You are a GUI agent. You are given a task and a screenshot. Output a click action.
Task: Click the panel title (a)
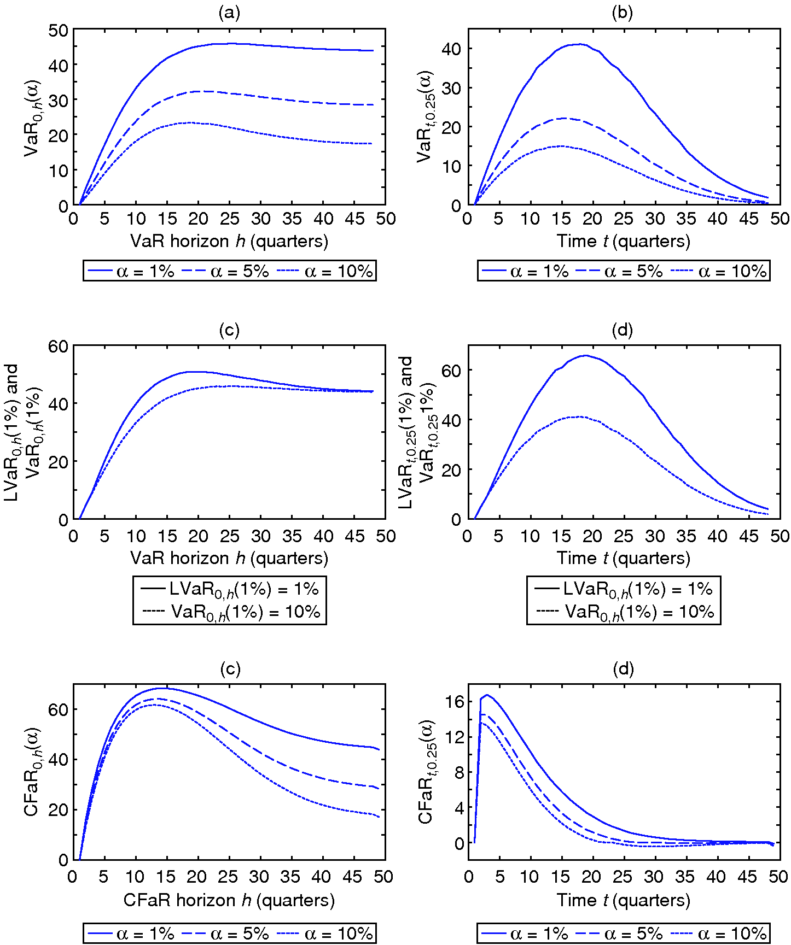(229, 13)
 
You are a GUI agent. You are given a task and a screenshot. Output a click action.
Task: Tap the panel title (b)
(623, 13)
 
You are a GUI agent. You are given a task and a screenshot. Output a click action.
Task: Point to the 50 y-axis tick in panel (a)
(58, 31)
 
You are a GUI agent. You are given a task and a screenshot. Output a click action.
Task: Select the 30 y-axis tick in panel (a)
(58, 100)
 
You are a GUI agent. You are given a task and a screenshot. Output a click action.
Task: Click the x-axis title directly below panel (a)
(229, 241)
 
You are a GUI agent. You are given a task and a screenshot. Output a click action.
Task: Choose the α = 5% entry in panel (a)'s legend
(229, 271)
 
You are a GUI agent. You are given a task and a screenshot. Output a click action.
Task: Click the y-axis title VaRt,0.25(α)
(425, 116)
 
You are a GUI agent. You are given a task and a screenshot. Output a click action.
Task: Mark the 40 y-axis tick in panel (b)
(452, 49)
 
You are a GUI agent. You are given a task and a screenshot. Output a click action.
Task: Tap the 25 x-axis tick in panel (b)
(624, 219)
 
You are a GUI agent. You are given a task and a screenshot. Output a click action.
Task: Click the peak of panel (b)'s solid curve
(580, 44)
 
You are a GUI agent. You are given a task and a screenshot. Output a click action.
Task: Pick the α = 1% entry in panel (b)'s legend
(525, 271)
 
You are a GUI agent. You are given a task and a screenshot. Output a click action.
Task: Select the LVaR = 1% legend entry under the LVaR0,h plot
(230, 589)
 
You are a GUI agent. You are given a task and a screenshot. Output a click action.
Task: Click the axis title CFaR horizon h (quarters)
(229, 900)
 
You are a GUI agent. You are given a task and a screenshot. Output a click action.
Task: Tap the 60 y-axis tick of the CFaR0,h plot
(58, 709)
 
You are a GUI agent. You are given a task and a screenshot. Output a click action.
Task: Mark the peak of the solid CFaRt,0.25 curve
(487, 695)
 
